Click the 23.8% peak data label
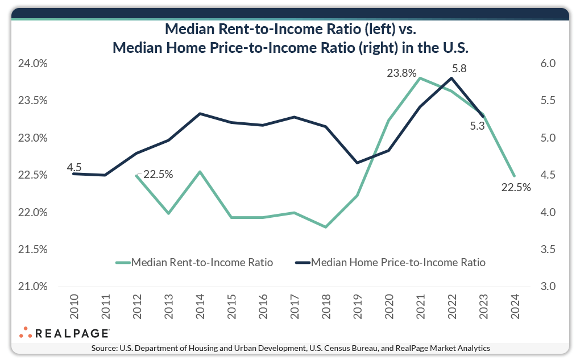[402, 73]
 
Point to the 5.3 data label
[477, 126]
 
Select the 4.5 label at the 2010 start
[74, 167]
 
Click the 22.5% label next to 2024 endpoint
[516, 188]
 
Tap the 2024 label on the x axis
[514, 308]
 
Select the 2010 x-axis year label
[74, 308]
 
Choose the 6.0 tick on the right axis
[551, 64]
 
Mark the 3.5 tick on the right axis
[551, 250]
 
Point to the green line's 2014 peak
[200, 171]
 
